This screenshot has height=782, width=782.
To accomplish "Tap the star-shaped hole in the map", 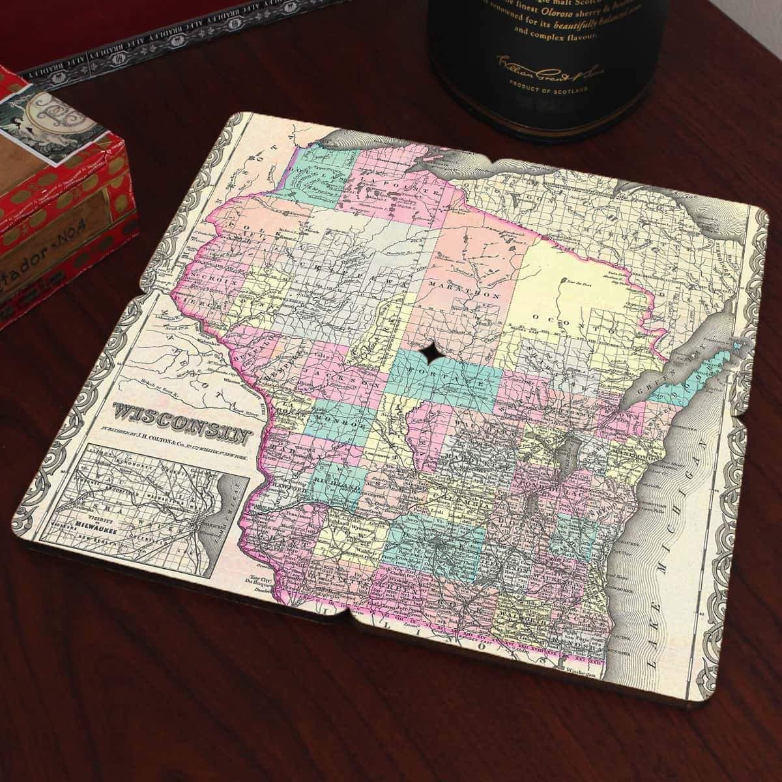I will tap(430, 355).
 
